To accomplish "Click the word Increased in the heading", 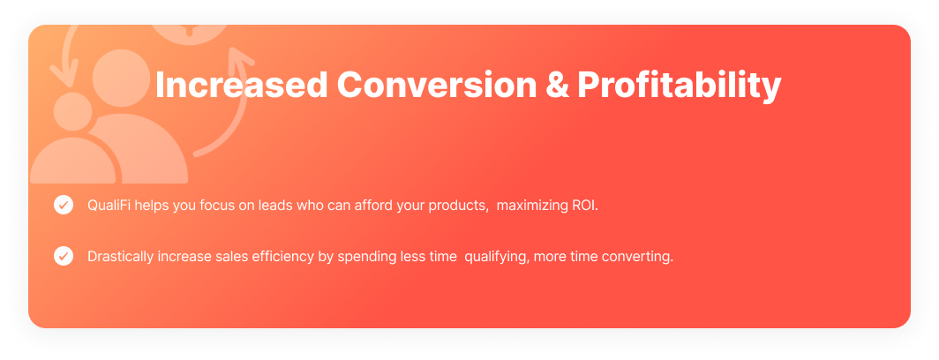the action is [x=241, y=85].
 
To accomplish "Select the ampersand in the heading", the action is [x=558, y=85].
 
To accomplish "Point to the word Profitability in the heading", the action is [x=680, y=87].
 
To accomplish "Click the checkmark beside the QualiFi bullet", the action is [x=64, y=205].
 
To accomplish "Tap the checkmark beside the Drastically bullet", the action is [x=64, y=256].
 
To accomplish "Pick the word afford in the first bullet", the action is [x=372, y=206].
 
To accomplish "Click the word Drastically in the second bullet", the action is [x=120, y=257].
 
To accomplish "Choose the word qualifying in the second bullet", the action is [x=497, y=258].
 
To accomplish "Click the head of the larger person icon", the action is [x=122, y=78].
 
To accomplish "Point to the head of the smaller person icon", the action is [x=73, y=112].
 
